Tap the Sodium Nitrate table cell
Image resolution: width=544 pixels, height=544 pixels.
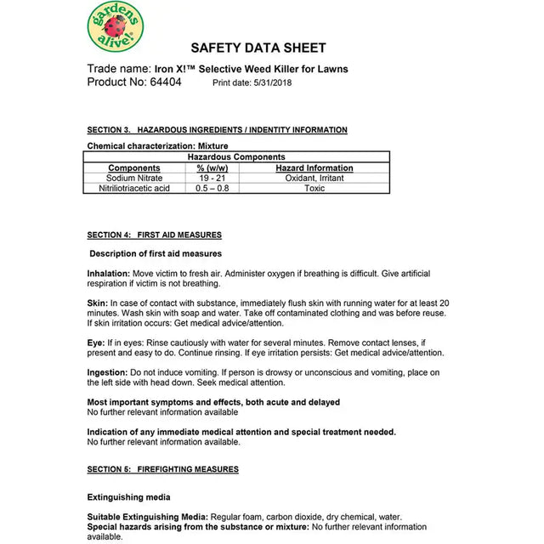click(x=134, y=178)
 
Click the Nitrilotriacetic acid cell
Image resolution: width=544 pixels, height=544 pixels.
click(x=134, y=189)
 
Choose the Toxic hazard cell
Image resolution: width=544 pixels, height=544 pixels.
click(x=314, y=189)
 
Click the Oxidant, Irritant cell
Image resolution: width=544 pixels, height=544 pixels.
click(x=314, y=178)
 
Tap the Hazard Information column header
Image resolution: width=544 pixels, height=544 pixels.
click(x=314, y=168)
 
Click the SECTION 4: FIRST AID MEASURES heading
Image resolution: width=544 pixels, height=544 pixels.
click(x=155, y=235)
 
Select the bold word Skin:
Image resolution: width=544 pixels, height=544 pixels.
click(x=98, y=303)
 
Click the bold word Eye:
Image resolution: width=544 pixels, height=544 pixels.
click(x=97, y=343)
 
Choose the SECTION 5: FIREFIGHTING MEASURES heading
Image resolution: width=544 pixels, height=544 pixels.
click(x=163, y=469)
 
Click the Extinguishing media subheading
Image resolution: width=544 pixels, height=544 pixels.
click(x=128, y=497)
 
